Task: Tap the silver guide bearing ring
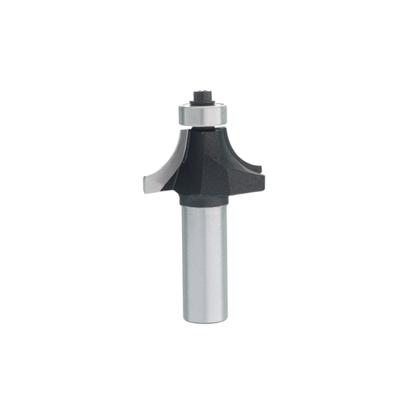pyautogui.click(x=202, y=114)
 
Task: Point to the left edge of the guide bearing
pyautogui.click(x=179, y=114)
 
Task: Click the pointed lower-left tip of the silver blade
pyautogui.click(x=143, y=186)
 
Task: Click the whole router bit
pyautogui.click(x=203, y=203)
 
